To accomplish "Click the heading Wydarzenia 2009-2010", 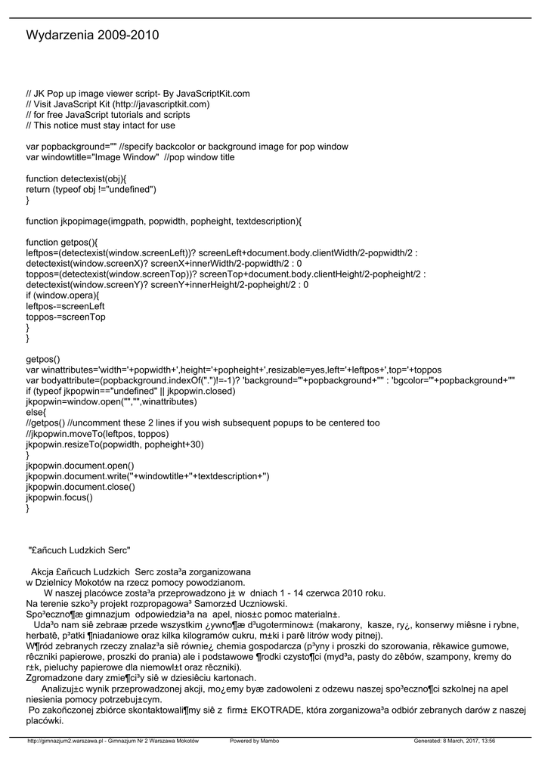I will coord(92,36).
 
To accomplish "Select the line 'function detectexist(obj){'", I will coord(76,178).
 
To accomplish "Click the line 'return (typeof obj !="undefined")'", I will coord(91,189).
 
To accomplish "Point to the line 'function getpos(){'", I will coord(62,243).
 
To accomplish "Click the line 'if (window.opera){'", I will coord(63,296).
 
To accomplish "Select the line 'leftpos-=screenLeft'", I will coord(65,306).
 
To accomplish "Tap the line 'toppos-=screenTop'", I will coord(65,317).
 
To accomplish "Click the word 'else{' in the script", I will coord(36,413).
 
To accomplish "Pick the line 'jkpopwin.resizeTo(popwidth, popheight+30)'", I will coord(115,444).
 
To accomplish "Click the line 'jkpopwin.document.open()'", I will coord(80,466).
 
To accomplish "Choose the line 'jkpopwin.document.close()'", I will coord(81,487).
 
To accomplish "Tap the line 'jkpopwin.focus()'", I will coord(60,497).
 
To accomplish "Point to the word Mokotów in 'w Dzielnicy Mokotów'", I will coord(106,583).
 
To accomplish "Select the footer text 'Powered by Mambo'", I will coord(254,741).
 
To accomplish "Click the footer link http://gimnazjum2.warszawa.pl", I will coord(66,741).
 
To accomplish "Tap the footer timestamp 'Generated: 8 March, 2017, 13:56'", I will coord(454,741).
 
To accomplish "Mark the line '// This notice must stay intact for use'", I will coord(100,125).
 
